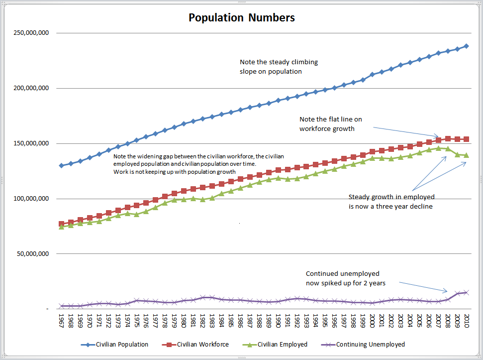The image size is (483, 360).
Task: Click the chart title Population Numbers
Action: pyautogui.click(x=241, y=18)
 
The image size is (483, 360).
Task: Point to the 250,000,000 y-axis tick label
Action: pyautogui.click(x=31, y=33)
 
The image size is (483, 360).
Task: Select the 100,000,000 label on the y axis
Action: pyautogui.click(x=31, y=199)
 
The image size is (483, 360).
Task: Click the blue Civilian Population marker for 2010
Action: pyautogui.click(x=467, y=46)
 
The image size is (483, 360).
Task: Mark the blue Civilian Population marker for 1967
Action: pyautogui.click(x=61, y=165)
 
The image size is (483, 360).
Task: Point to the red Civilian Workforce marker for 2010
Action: pyautogui.click(x=467, y=139)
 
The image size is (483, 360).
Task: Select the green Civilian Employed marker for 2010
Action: pyautogui.click(x=467, y=155)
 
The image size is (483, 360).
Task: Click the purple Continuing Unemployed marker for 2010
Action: pyautogui.click(x=467, y=292)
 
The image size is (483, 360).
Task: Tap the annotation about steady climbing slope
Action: pyautogui.click(x=279, y=67)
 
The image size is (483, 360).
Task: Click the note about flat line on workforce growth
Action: pyautogui.click(x=327, y=124)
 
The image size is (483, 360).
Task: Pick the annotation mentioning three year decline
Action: pyautogui.click(x=390, y=202)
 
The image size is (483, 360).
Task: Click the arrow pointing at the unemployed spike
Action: pyautogui.click(x=424, y=286)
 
